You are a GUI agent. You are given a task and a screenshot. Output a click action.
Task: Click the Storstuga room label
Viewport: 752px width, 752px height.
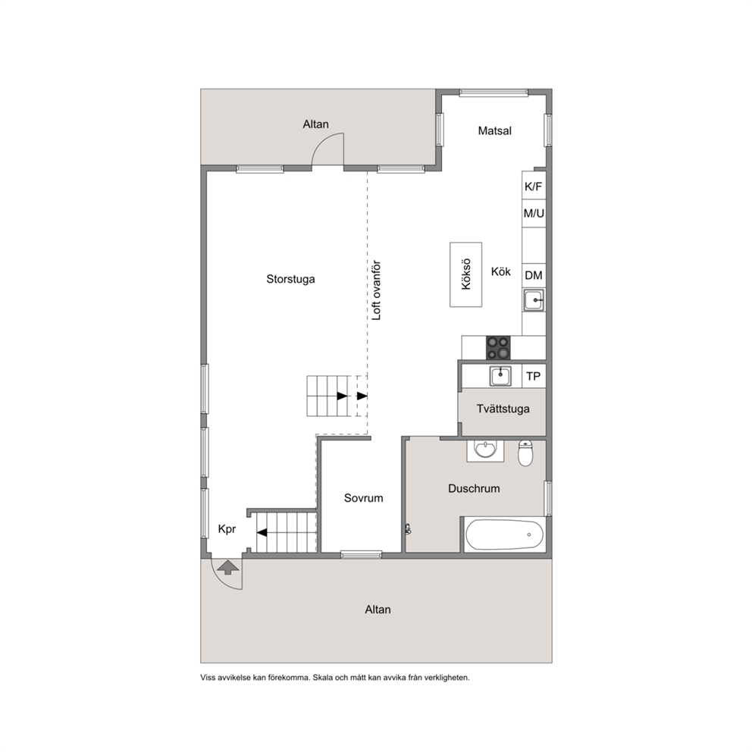click(290, 279)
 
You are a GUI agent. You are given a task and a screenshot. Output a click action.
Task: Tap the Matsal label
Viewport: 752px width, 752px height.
click(494, 130)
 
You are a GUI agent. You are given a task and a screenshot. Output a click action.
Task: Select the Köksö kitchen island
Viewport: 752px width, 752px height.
click(465, 274)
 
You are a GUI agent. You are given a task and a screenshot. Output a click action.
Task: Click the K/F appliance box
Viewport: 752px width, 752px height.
click(534, 186)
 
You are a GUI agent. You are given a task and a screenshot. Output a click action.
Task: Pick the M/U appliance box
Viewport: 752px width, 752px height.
click(534, 214)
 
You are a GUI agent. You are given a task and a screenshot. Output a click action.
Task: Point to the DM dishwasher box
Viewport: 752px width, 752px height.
click(534, 275)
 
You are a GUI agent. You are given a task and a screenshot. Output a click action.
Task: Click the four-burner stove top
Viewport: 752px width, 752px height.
click(498, 348)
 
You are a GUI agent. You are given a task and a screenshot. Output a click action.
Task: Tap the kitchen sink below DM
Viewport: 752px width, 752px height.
click(534, 300)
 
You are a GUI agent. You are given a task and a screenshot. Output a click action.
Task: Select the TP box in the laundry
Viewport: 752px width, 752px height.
click(534, 376)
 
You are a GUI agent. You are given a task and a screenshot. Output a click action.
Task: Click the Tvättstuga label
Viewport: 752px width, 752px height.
click(503, 409)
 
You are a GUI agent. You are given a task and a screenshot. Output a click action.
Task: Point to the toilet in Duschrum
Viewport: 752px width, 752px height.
click(525, 453)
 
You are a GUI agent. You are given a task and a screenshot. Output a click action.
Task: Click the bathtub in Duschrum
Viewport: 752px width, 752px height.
click(505, 534)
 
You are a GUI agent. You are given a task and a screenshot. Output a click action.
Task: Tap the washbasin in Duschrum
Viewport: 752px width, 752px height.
click(485, 450)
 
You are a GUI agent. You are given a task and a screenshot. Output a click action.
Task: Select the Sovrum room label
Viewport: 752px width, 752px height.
click(364, 498)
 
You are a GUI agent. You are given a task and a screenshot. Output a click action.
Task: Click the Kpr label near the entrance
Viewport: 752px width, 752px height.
click(227, 529)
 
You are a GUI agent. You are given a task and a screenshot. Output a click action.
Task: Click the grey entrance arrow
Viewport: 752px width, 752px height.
click(228, 568)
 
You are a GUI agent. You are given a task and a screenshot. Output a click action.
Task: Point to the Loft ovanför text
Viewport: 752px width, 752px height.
click(377, 290)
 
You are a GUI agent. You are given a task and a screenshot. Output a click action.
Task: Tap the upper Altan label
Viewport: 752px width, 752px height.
click(315, 124)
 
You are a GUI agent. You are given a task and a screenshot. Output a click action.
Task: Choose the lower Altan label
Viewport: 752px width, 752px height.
click(378, 609)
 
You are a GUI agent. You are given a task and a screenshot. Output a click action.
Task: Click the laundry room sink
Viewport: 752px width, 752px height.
click(500, 376)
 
